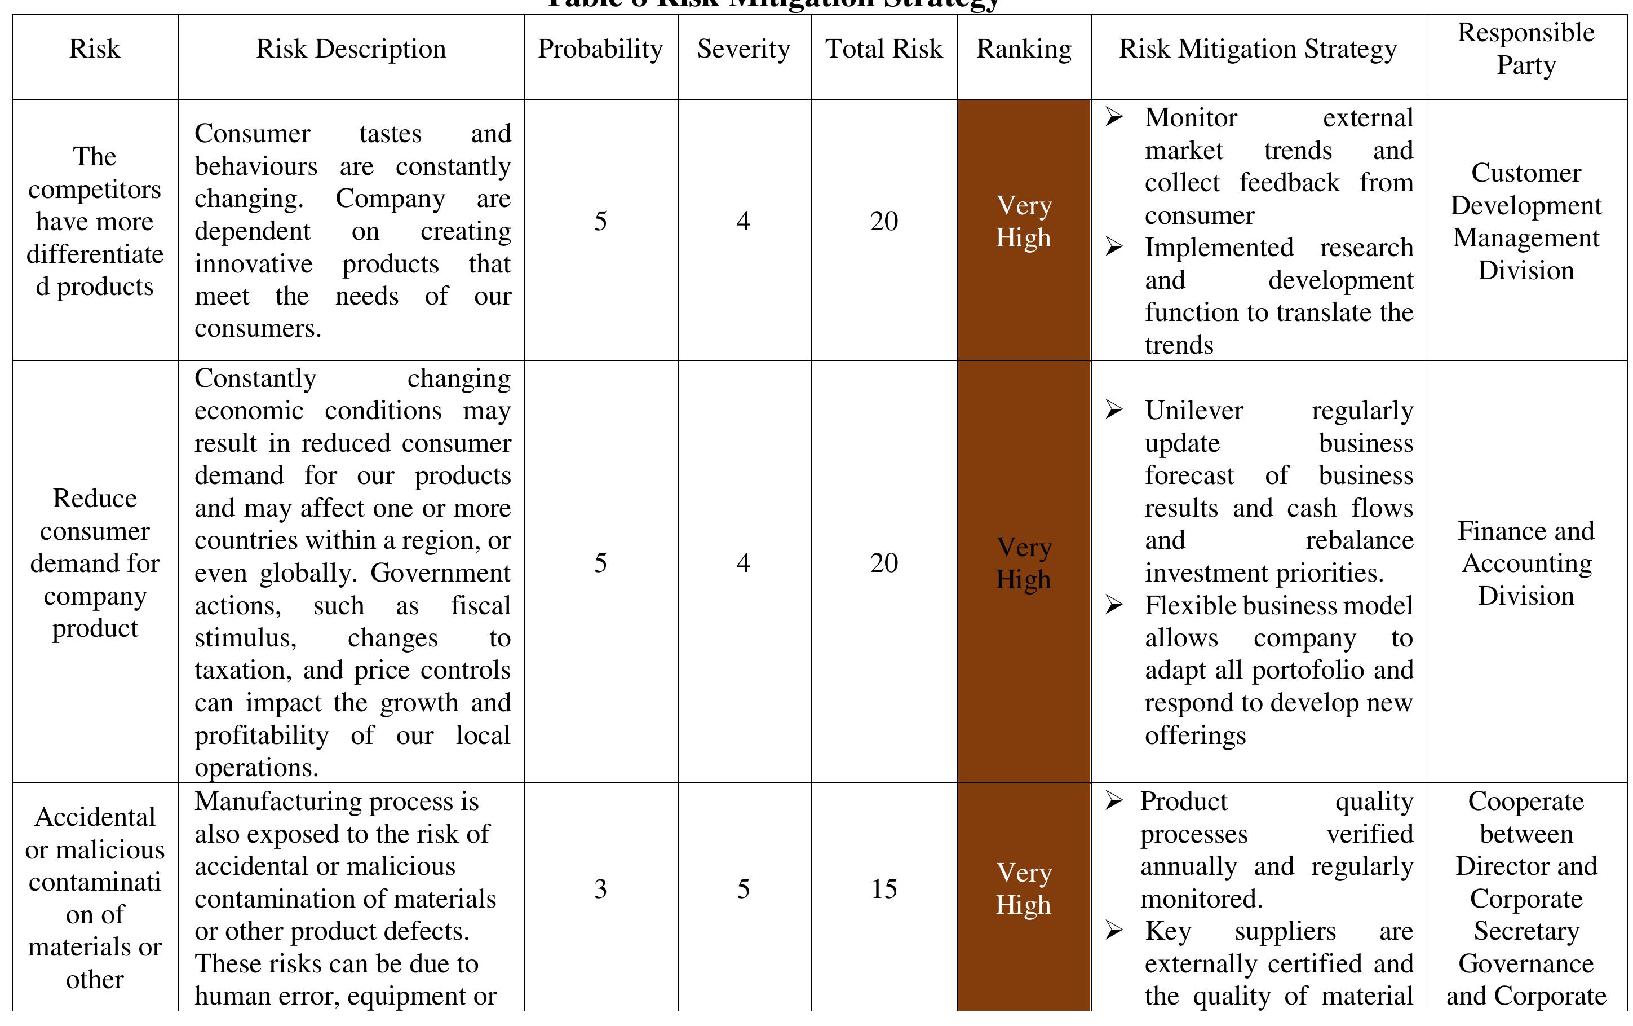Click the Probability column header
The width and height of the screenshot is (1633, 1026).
tap(600, 49)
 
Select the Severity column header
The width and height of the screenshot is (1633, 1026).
tap(744, 49)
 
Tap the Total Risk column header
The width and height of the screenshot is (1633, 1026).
tap(884, 49)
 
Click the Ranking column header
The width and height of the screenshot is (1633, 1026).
tap(1024, 49)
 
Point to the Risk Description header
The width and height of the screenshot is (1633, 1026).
tap(351, 49)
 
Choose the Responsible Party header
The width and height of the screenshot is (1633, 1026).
tap(1526, 49)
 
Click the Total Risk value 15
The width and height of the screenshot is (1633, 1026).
tap(884, 889)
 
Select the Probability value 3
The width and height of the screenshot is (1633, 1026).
tap(600, 889)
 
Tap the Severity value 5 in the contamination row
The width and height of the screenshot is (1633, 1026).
tap(744, 889)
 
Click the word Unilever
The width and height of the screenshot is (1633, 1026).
tap(1193, 411)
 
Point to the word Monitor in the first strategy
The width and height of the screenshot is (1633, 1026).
tap(1191, 118)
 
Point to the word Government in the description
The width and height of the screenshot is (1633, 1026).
tap(440, 574)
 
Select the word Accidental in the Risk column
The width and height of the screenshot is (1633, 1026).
tap(95, 817)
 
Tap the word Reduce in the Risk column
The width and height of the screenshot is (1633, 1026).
tap(95, 499)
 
